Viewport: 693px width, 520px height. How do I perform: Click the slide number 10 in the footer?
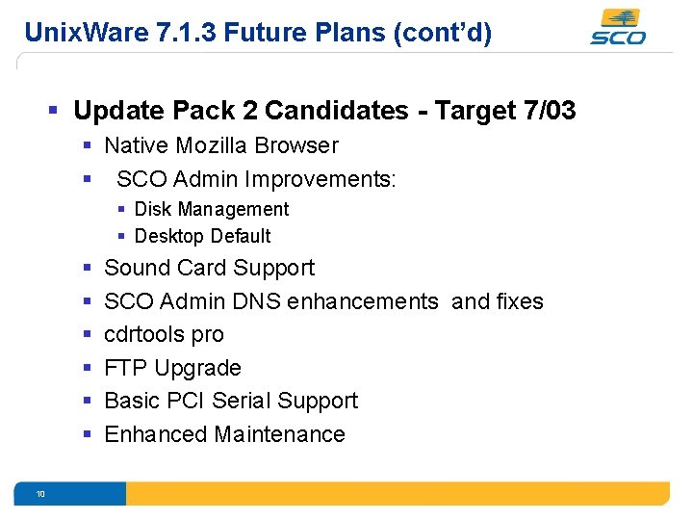pos(40,494)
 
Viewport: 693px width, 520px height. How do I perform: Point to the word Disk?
pos(152,209)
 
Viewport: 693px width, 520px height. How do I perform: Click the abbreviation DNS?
pos(254,301)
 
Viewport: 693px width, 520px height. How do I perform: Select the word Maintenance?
pos(280,434)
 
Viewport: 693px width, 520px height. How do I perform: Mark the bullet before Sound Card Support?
pos(87,268)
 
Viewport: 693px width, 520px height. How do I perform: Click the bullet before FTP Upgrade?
pos(87,368)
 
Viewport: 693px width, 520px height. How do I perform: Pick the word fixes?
pos(519,301)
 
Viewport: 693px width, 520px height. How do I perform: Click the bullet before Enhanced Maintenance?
pos(87,434)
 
